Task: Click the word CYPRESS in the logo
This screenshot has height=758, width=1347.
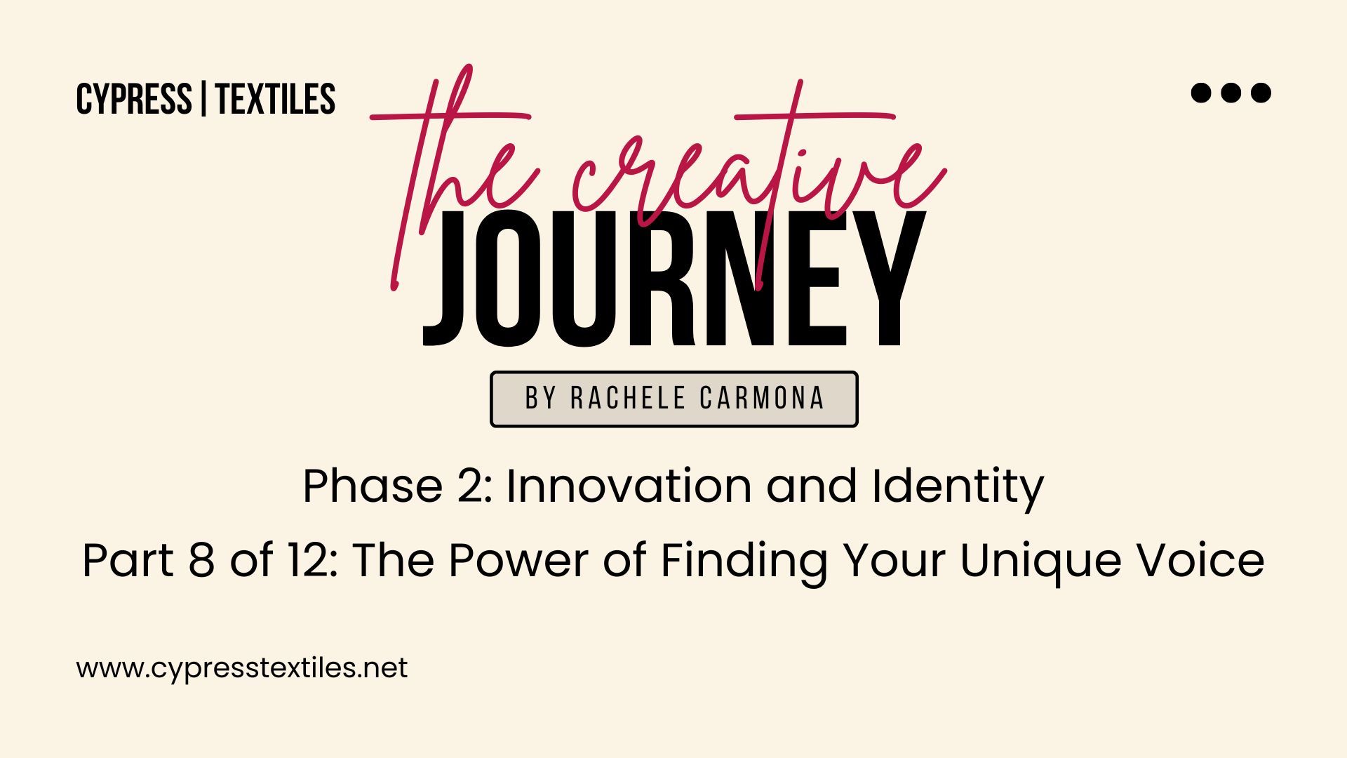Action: click(x=134, y=99)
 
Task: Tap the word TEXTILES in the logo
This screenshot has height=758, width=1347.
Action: click(x=276, y=99)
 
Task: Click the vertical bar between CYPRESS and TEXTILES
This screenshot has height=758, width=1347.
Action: click(x=203, y=99)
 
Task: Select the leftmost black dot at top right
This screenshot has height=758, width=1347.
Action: click(x=1201, y=93)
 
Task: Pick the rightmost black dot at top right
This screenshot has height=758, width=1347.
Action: click(x=1261, y=93)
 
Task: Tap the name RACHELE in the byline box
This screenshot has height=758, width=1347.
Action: click(x=628, y=398)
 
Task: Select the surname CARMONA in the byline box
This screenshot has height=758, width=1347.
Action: click(x=762, y=398)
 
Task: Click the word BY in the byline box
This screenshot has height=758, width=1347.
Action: click(x=541, y=398)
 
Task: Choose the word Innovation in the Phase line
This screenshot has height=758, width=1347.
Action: click(x=629, y=486)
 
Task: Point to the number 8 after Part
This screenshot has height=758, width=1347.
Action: click(x=201, y=560)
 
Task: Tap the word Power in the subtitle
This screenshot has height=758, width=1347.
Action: click(x=518, y=560)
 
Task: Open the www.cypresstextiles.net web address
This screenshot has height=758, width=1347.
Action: click(x=242, y=668)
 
